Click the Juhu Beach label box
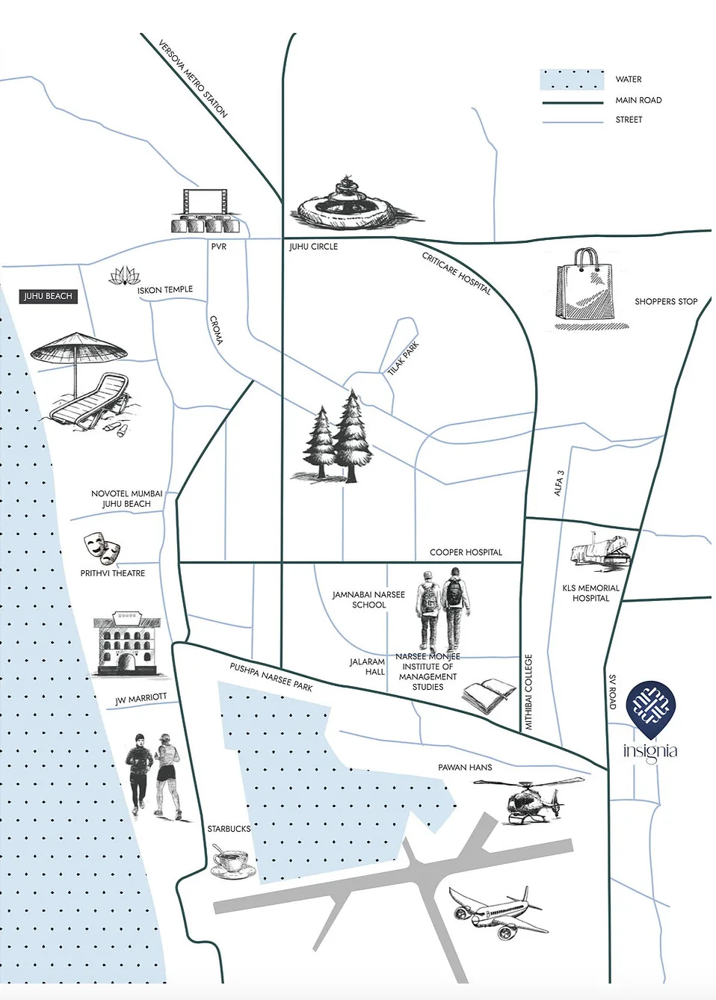[48, 296]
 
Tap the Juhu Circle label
[313, 247]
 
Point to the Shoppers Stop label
[665, 302]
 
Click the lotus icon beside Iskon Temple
[123, 277]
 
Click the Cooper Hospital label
[466, 552]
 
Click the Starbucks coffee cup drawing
[231, 862]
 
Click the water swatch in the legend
[572, 79]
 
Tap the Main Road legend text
[638, 100]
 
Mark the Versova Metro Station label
[193, 78]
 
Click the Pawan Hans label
[465, 768]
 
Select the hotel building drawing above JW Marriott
[127, 643]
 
